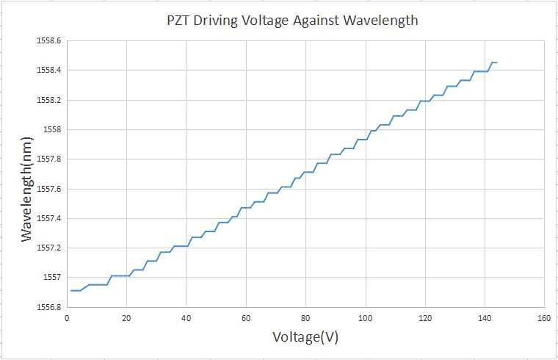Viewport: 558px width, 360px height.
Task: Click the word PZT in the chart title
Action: [178, 21]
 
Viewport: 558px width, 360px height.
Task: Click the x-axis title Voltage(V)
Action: [305, 336]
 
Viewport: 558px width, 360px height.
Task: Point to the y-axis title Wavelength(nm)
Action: [26, 190]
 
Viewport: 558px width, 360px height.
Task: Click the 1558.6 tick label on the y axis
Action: [48, 40]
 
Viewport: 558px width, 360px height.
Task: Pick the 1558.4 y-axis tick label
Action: [48, 70]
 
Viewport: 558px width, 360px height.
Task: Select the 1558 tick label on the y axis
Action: [52, 129]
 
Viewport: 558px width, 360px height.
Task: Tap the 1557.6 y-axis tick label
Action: [48, 189]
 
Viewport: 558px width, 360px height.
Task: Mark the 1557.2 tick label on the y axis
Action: [48, 248]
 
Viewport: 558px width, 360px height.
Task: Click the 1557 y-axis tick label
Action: [52, 278]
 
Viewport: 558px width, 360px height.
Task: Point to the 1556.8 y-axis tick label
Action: [48, 307]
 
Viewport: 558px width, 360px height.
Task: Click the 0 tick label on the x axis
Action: [67, 318]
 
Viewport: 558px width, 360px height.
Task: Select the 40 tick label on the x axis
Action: [186, 318]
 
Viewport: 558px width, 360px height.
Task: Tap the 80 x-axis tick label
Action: [305, 318]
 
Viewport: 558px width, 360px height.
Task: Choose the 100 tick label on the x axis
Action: [366, 318]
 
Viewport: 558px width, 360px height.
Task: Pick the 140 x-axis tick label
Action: [485, 318]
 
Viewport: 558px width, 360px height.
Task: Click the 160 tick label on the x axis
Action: [545, 318]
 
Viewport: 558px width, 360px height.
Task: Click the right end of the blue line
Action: [497, 62]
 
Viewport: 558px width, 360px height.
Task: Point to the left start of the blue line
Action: [70, 290]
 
